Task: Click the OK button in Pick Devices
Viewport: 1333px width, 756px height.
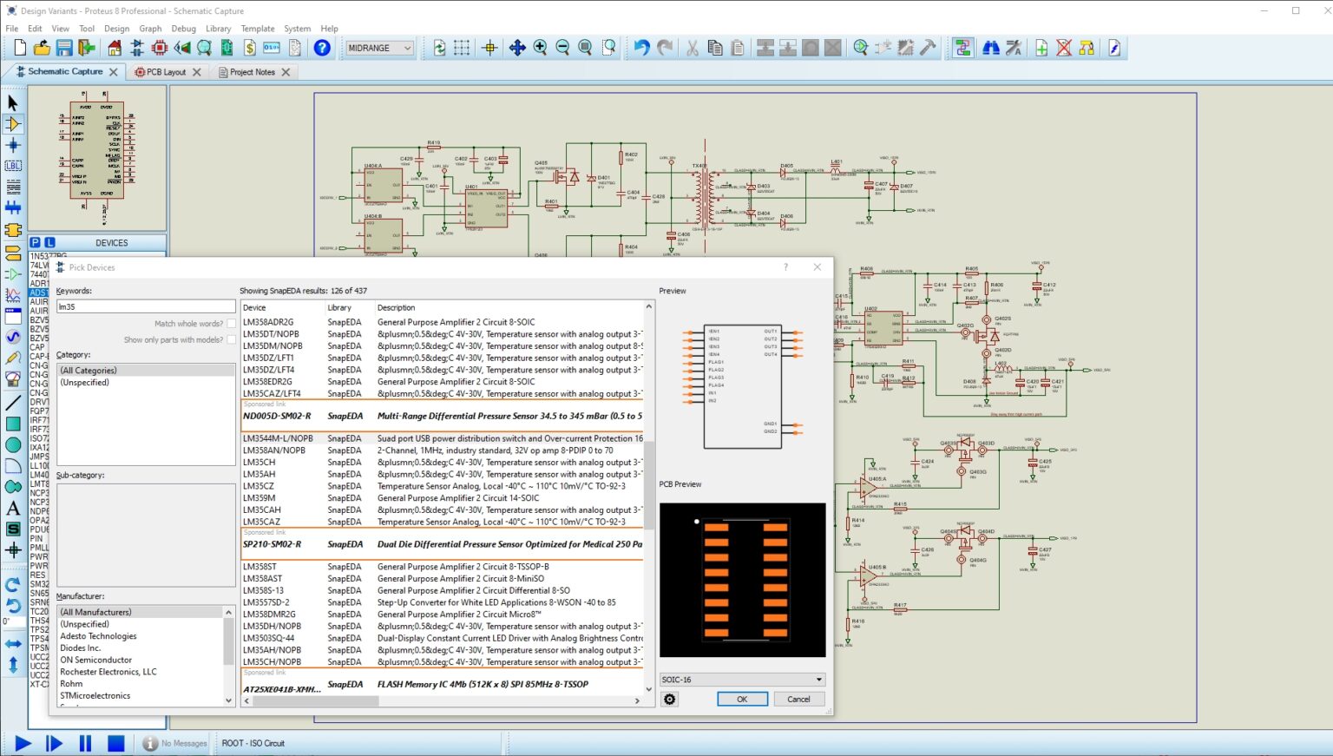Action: point(742,699)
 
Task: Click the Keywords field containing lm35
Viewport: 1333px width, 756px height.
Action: point(145,306)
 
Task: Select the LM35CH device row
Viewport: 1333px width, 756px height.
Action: point(259,463)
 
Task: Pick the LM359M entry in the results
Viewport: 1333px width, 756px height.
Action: point(259,498)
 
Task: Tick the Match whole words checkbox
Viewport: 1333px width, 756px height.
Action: point(232,324)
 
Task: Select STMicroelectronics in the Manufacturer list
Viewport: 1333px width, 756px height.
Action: point(95,695)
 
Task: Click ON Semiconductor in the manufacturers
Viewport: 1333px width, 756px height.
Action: point(96,660)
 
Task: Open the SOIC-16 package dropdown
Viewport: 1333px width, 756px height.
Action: point(818,680)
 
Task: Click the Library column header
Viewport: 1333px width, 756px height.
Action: point(339,307)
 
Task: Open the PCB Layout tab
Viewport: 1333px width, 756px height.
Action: point(166,72)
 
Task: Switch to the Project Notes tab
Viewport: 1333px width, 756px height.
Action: point(252,72)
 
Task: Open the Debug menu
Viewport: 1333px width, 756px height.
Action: point(183,29)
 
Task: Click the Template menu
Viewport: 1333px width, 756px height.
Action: point(258,29)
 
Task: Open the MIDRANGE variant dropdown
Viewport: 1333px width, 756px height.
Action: point(379,48)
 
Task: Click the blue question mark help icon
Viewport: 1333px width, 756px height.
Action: point(322,48)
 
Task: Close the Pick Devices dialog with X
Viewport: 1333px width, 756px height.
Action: point(817,267)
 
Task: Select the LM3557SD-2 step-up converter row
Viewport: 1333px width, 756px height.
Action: point(266,602)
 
